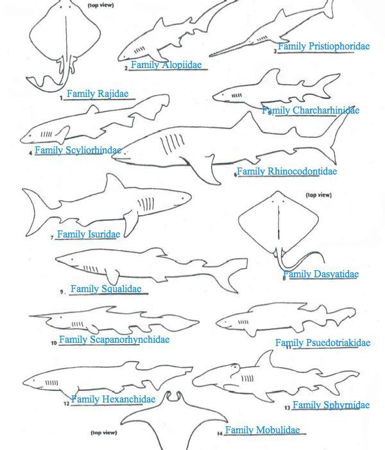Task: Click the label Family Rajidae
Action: coord(98,94)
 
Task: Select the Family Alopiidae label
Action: coord(166,65)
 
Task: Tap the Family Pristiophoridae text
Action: coord(323,46)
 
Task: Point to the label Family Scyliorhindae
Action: coord(78,150)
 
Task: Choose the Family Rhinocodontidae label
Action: coord(287,171)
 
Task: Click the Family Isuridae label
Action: coord(89,234)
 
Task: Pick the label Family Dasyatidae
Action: coord(321,274)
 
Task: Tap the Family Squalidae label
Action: coord(106,289)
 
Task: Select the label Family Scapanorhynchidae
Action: coord(114,340)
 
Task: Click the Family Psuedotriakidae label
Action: coord(323,343)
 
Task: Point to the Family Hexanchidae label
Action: coord(113,399)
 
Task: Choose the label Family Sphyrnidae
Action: coord(331,405)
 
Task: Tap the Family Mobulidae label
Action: coord(262,430)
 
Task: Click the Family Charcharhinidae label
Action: coord(311,110)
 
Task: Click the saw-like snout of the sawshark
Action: coord(230,49)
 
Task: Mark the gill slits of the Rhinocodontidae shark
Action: coord(172,144)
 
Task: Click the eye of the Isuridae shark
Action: coord(183,198)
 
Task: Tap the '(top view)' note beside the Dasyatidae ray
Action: coord(319,195)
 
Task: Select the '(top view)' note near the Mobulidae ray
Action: coord(104,433)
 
